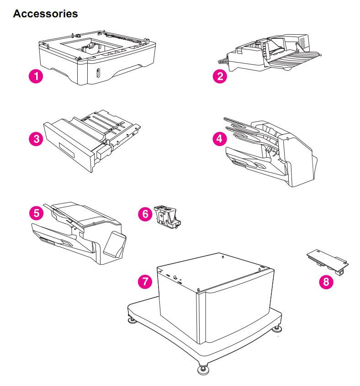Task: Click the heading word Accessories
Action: tap(46, 14)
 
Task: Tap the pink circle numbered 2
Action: tap(220, 76)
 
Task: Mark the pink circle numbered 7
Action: tap(145, 281)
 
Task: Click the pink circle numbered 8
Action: tap(326, 282)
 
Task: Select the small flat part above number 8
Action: tap(327, 260)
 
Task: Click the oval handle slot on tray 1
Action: tap(97, 73)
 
